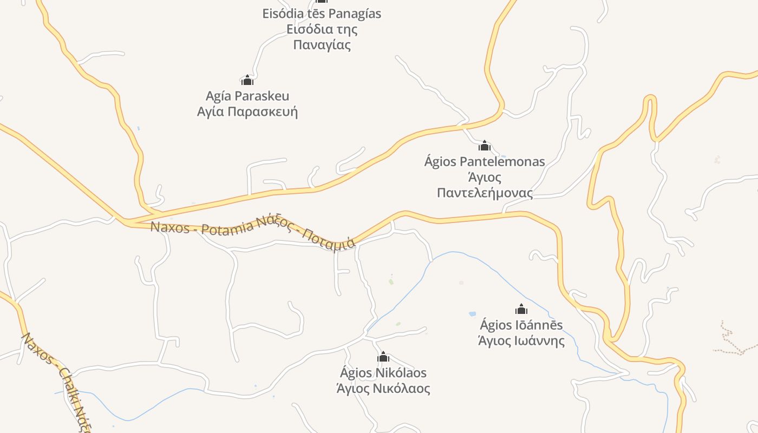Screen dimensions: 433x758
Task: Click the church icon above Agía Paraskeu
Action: coord(247,81)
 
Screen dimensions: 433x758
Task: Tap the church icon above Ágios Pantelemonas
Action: coord(485,146)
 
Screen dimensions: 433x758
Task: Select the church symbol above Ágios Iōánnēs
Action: coord(521,309)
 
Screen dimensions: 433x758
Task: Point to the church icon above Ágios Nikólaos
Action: coord(383,357)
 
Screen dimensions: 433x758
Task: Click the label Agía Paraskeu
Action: coord(247,96)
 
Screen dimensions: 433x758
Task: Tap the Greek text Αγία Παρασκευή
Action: coord(247,112)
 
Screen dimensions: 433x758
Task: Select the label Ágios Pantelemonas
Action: coord(485,161)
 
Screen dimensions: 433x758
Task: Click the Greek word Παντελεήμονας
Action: coord(485,193)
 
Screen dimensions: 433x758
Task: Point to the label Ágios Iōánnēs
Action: coord(521,325)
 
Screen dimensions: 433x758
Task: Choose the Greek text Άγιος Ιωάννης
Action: coord(521,341)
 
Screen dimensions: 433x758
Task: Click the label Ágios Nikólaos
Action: coord(383,373)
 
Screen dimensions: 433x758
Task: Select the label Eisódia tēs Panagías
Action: coord(322,14)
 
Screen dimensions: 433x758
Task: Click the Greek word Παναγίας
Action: coord(322,45)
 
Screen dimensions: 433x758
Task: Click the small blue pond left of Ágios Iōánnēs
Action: coord(472,313)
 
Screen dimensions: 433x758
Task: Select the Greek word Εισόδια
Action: coord(306,29)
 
